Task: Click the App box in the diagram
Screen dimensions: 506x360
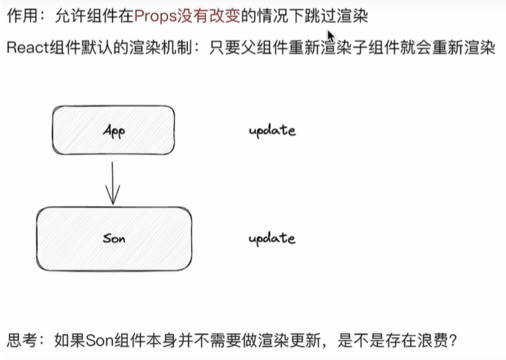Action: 113,130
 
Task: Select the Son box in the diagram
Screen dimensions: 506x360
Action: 114,239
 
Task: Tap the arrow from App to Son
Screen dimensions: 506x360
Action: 113,182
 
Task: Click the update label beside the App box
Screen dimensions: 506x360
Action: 272,130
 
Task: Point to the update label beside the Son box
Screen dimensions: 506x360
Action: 272,239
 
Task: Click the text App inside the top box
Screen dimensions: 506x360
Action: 114,131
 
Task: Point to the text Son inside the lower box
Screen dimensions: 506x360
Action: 114,239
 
